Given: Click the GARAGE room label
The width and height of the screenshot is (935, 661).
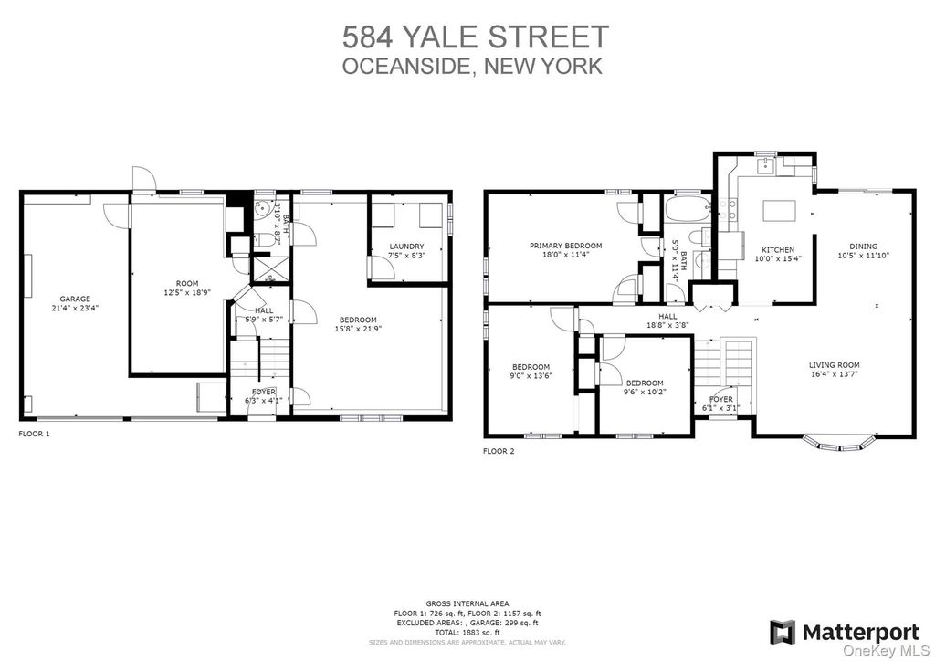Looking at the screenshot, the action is [x=75, y=299].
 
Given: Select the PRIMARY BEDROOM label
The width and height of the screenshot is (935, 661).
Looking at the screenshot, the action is [x=566, y=246].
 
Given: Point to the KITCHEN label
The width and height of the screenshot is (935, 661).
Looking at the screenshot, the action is [x=778, y=250].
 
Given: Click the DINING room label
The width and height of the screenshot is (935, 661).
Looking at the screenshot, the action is [x=864, y=247].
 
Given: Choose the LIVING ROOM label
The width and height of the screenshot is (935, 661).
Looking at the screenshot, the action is [x=835, y=365].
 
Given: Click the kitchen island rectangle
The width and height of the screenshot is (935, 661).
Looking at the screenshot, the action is [x=780, y=211].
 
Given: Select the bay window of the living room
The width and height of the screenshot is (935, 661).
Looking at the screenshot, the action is [x=840, y=442].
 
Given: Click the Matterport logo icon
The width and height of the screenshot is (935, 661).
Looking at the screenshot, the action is [x=782, y=632].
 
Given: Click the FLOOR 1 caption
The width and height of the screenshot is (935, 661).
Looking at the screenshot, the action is [x=35, y=434].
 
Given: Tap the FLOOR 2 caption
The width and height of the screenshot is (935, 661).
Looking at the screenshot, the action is [x=499, y=451].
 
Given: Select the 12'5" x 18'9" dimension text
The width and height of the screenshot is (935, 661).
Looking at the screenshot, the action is [x=187, y=293].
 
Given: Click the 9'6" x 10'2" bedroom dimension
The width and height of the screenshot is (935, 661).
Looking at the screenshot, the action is [x=645, y=393].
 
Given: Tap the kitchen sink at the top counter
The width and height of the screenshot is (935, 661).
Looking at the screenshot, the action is [x=765, y=166].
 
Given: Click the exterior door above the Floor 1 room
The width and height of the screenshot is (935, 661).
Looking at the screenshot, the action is [x=143, y=179].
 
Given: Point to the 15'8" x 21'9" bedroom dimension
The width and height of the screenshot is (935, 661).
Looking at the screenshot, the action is [x=358, y=328].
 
